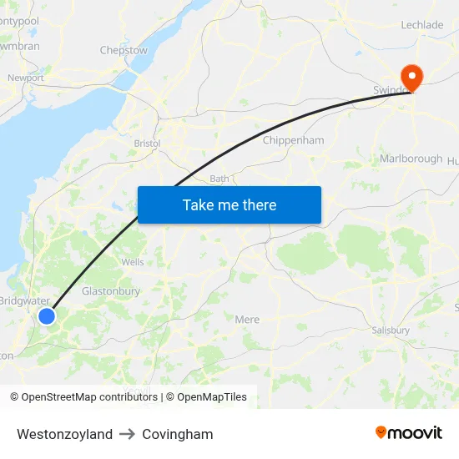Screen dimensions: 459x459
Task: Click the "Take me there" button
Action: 229,204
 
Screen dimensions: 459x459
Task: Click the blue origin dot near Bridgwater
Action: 47,315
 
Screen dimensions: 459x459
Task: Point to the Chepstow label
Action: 124,50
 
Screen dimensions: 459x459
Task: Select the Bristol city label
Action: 147,144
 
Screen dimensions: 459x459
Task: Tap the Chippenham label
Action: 293,140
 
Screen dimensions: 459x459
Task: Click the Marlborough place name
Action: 411,159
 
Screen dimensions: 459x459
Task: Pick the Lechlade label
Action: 422,25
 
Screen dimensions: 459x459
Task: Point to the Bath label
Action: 219,179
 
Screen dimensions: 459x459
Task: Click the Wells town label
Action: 133,262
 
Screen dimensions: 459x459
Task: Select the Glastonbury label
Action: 111,291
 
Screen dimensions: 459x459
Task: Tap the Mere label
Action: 247,320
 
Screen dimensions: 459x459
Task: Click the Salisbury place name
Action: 391,330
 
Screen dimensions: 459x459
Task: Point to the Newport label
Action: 26,78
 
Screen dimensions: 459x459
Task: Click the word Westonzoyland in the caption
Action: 64,434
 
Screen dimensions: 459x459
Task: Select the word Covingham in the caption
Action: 177,434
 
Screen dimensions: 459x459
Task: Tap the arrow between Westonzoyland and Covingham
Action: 127,434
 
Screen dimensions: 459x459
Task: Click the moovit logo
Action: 409,432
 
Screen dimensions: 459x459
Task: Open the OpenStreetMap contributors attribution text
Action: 83,397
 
